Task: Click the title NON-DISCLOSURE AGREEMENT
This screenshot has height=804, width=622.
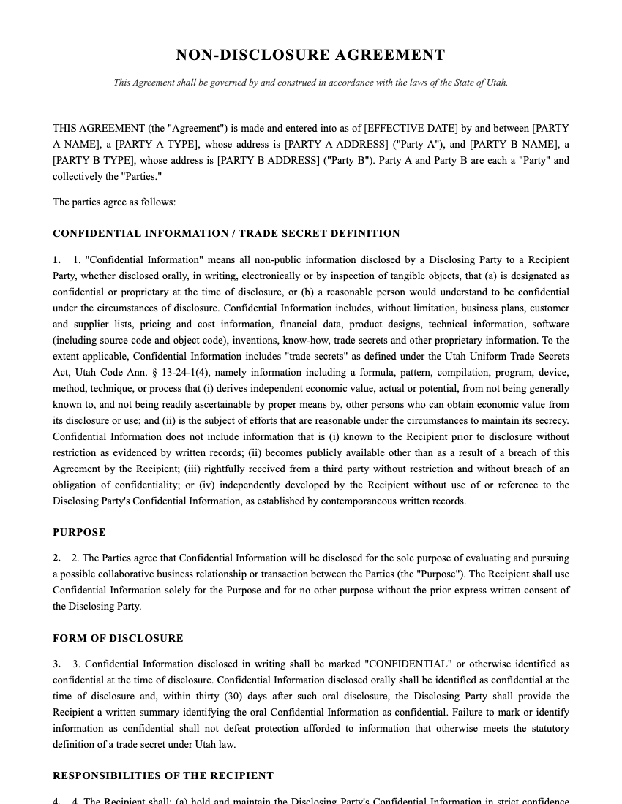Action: (x=310, y=56)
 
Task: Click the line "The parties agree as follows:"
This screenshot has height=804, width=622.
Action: (x=114, y=202)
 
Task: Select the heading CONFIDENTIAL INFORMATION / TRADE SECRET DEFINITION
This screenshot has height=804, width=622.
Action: (x=226, y=234)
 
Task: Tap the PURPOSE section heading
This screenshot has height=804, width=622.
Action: (x=79, y=532)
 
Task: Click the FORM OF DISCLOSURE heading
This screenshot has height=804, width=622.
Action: (x=118, y=638)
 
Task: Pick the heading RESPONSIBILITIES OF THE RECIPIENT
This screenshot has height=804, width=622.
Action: (x=163, y=775)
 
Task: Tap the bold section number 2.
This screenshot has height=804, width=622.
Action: (x=56, y=558)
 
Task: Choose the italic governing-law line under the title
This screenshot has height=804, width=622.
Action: (x=310, y=83)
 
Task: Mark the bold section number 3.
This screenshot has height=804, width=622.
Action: (x=56, y=664)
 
